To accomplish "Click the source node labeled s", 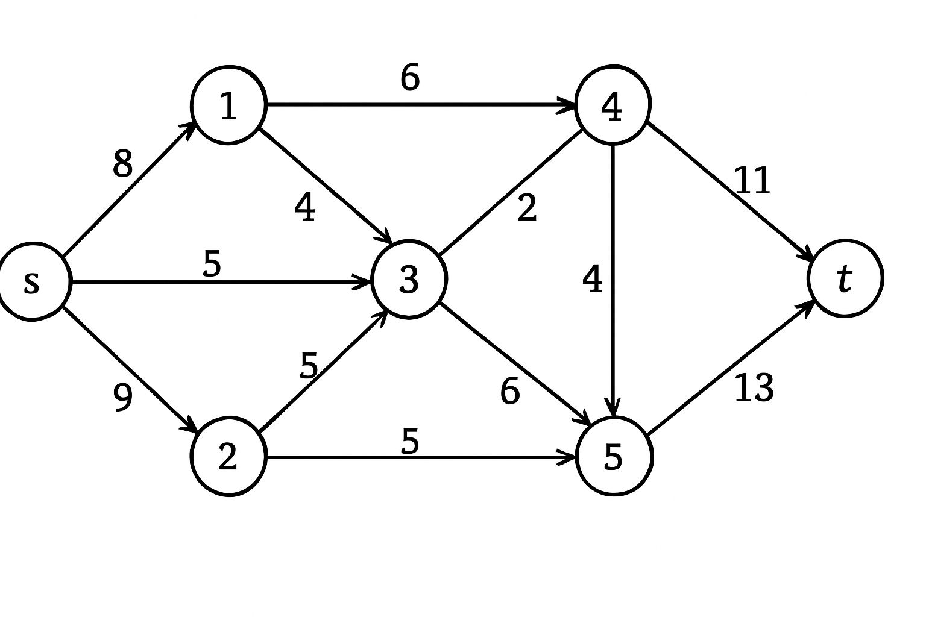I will click(x=33, y=281).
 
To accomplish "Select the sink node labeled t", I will click(x=845, y=278).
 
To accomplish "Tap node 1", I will click(x=228, y=105).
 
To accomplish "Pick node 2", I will click(x=228, y=456).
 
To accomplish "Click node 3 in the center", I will click(x=409, y=280).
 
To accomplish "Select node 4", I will click(x=613, y=105).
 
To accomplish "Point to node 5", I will click(x=614, y=456).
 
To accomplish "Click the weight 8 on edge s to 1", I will click(x=122, y=163).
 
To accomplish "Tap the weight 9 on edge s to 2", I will click(x=122, y=398).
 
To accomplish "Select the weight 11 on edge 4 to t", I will click(x=752, y=181).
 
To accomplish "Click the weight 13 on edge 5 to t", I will click(x=754, y=388).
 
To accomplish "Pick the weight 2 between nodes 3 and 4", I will click(x=527, y=208).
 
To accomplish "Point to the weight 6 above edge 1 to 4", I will click(x=410, y=78).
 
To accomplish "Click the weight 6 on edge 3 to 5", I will click(x=510, y=392).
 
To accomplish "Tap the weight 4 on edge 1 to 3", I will click(x=305, y=208).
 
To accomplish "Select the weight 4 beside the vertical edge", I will click(x=593, y=279).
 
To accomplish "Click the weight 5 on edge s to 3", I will click(x=212, y=263).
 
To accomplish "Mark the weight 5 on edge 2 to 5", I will click(x=410, y=441).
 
